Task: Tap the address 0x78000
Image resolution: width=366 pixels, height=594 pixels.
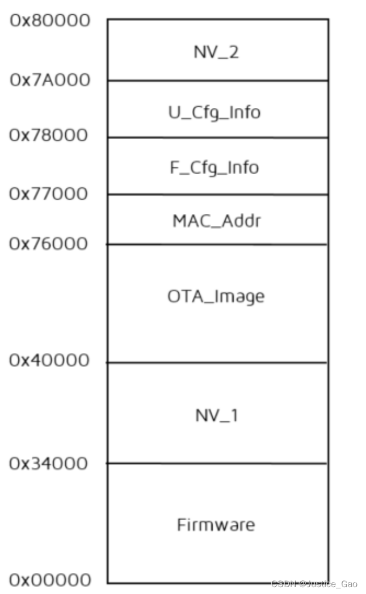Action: pos(50,136)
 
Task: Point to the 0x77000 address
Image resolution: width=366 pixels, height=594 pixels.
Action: pos(50,194)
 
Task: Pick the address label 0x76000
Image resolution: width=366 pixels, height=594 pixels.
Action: pos(50,244)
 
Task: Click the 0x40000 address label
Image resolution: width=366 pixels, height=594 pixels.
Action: pos(50,361)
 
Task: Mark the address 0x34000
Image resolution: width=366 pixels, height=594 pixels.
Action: pos(50,464)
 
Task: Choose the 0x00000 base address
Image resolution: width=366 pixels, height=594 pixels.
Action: pos(50,580)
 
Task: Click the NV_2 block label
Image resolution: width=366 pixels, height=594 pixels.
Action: pos(216,52)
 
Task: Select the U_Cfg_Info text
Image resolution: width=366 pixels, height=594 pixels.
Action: pos(216,112)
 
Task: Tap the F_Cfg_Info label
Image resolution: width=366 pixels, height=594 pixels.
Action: pos(216,168)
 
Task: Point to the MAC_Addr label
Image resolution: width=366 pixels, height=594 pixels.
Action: pos(216,220)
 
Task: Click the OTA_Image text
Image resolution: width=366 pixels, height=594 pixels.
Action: pos(216,296)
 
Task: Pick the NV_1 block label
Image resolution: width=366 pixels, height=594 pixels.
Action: pos(216,415)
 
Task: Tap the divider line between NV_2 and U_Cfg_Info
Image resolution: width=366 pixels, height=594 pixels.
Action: pos(217,80)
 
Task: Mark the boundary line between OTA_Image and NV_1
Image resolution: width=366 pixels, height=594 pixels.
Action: pos(217,363)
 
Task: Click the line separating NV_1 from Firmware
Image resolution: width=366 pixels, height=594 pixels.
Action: pos(217,464)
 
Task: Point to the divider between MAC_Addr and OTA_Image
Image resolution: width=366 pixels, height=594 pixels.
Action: pos(217,245)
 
